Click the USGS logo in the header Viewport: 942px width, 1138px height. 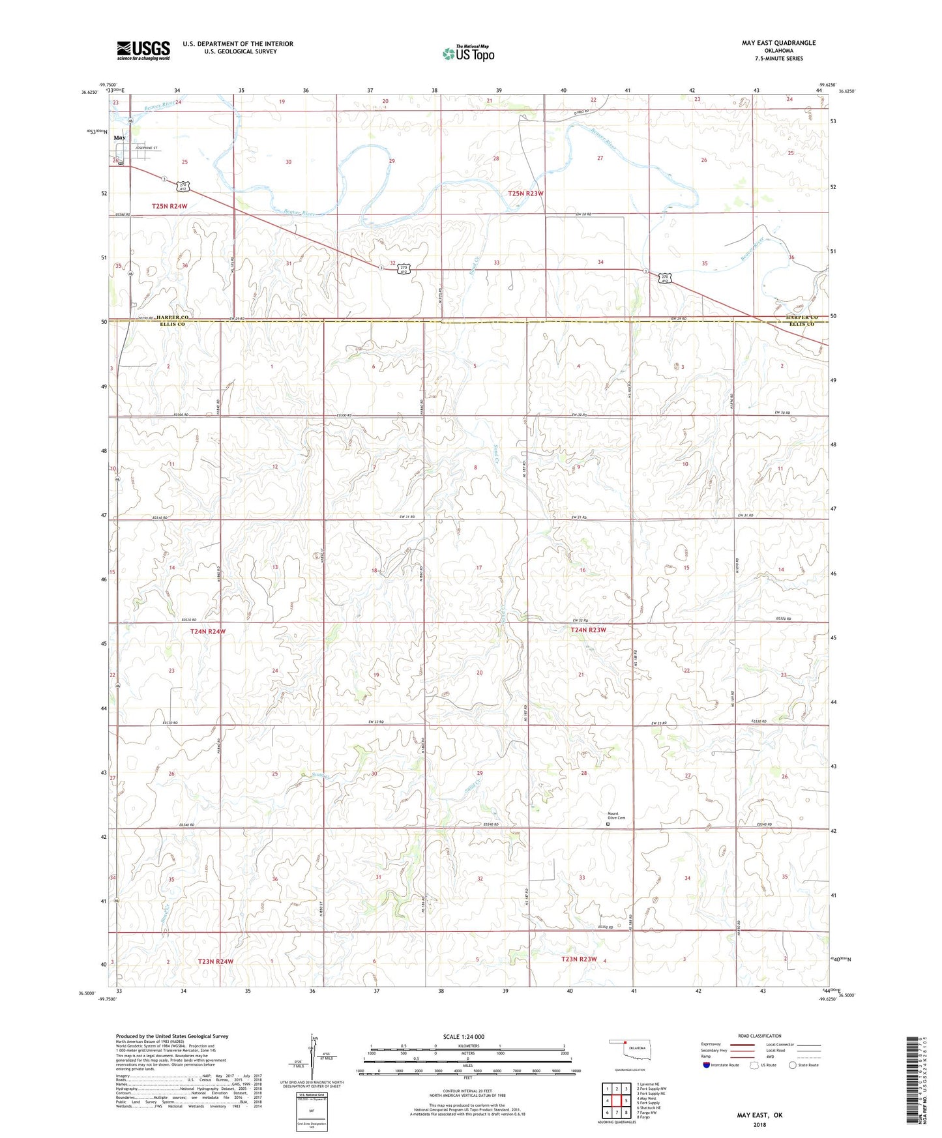(143, 50)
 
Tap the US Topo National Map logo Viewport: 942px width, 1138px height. (468, 53)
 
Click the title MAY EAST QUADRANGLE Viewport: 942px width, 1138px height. (778, 43)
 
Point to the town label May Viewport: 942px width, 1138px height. (119, 138)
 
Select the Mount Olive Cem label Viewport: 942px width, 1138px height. (616, 815)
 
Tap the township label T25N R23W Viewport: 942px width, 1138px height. (525, 194)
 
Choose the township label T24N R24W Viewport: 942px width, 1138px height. (208, 632)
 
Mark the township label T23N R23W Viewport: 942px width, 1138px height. (579, 959)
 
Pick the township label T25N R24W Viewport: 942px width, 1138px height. (169, 206)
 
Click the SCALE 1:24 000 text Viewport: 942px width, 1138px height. (464, 1037)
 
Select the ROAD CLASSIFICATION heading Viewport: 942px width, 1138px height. (759, 1036)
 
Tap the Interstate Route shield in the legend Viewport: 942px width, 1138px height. (707, 1065)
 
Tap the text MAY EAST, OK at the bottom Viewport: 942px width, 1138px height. (759, 1115)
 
